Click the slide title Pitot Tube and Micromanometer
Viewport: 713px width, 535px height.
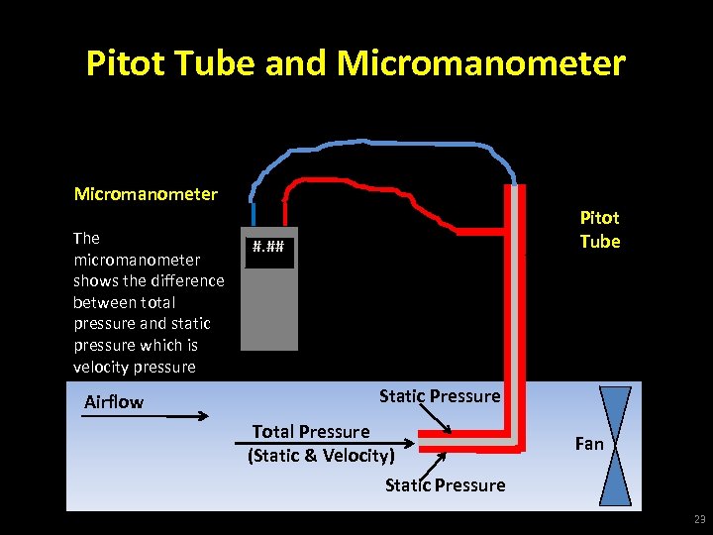356,63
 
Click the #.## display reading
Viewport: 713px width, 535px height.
267,247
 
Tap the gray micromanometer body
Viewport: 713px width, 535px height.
268,307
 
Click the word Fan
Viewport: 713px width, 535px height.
589,443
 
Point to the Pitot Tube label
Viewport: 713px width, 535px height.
599,230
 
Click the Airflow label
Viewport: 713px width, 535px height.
114,401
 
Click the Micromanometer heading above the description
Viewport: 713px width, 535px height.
146,193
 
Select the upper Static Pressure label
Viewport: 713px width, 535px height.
439,396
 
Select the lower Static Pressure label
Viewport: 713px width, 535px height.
445,484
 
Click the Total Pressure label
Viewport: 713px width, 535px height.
311,431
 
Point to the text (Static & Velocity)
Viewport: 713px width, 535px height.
321,455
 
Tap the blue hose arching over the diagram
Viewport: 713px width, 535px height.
396,145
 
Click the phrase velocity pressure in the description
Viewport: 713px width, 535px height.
135,367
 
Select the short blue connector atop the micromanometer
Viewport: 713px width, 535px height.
255,213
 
